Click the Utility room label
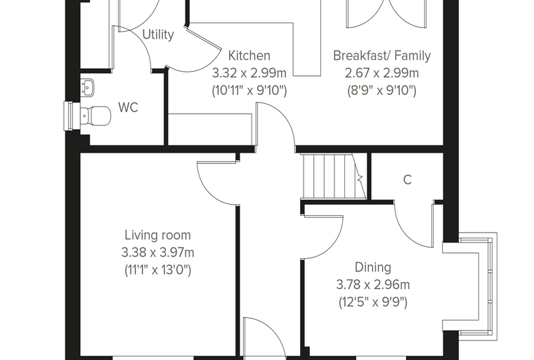[x=158, y=34]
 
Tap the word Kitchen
[x=249, y=56]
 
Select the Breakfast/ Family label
[x=382, y=56]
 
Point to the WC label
[x=128, y=107]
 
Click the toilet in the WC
[x=96, y=116]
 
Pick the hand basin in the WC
[x=88, y=87]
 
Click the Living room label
[x=157, y=235]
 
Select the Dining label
[x=373, y=267]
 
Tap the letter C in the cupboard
[x=408, y=179]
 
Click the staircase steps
[x=333, y=176]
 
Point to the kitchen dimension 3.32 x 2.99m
[x=249, y=73]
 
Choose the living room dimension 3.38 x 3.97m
[x=157, y=252]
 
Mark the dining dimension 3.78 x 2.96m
[x=373, y=285]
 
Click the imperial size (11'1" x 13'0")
[x=157, y=270]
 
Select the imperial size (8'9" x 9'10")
[x=382, y=91]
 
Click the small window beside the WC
[x=68, y=116]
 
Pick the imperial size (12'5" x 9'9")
[x=373, y=302]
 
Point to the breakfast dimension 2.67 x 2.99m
[x=382, y=73]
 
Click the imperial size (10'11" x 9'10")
[x=249, y=91]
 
